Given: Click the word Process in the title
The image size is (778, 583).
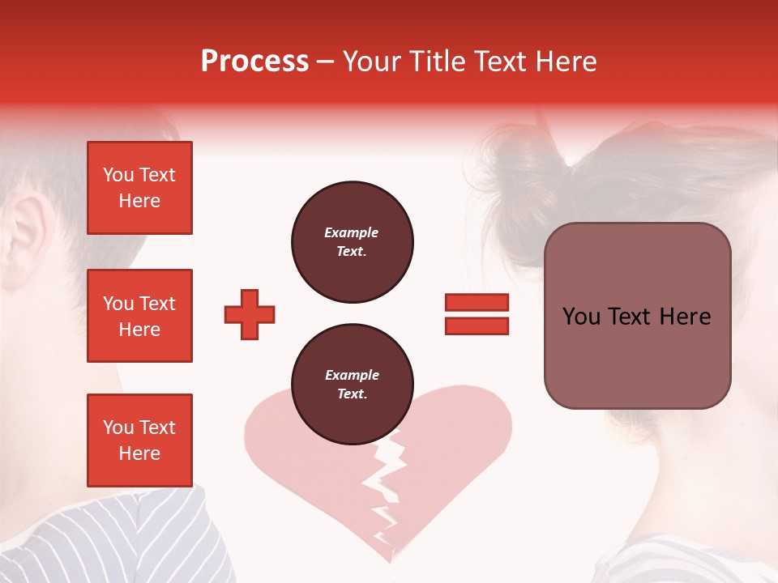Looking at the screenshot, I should (254, 62).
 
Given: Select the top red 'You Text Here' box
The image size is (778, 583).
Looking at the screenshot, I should (139, 188).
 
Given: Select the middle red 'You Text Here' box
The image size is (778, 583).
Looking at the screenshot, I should (139, 316).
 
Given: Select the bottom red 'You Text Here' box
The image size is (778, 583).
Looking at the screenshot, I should (139, 440).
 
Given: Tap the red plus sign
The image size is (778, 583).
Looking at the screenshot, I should (250, 314).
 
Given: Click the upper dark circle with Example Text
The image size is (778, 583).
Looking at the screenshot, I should (352, 242).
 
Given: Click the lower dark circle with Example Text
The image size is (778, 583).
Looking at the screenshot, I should (352, 385).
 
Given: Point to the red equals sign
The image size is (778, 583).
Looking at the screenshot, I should (477, 314).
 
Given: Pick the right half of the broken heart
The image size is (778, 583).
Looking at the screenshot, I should (454, 453).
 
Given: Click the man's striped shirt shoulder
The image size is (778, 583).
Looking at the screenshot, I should (122, 534).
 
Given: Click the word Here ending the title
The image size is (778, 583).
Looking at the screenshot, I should (565, 62).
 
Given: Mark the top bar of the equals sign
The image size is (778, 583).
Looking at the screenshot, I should (477, 303).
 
